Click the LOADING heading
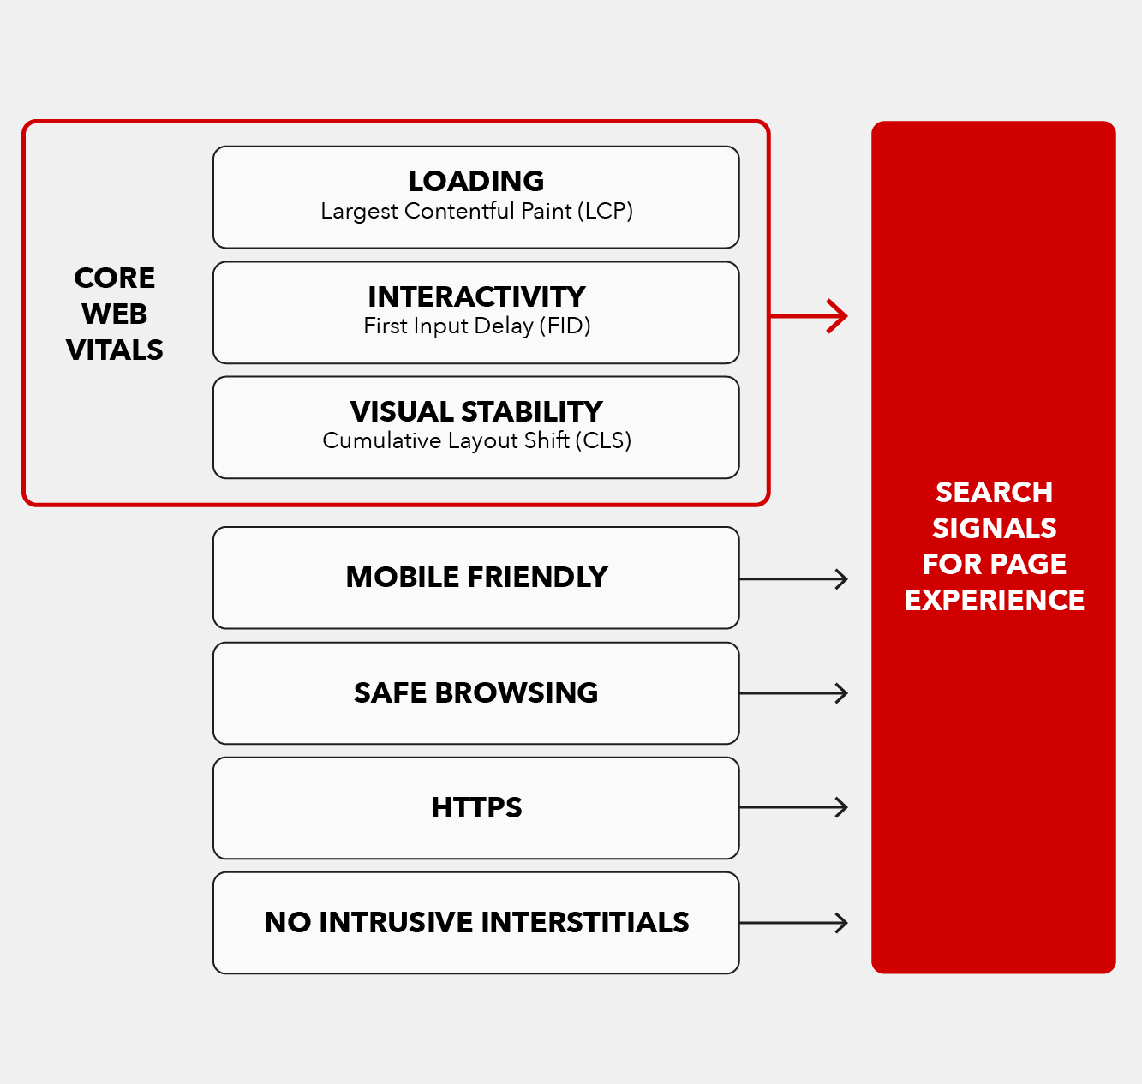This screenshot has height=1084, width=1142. [476, 181]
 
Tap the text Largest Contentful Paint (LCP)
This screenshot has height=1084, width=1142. [476, 211]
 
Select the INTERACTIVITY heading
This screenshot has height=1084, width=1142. [476, 296]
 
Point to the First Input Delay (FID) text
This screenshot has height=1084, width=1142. [476, 326]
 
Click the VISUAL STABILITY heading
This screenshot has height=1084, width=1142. [476, 411]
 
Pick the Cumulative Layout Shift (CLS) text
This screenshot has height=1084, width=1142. [476, 440]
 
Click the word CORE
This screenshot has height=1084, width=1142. [115, 278]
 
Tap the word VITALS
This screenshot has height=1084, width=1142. [115, 350]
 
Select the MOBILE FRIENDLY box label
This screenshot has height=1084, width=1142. [476, 578]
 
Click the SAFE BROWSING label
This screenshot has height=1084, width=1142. [476, 692]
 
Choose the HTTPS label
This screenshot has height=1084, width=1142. [476, 807]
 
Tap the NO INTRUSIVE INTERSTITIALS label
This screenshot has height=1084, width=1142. [476, 922]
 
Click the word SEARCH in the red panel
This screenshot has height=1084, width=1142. [994, 492]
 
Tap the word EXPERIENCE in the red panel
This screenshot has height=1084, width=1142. [994, 600]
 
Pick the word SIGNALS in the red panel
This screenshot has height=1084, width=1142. [994, 528]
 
